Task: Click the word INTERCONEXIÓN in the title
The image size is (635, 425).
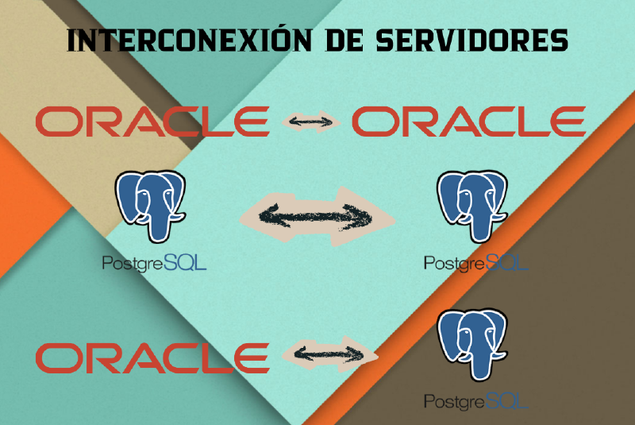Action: click(179, 41)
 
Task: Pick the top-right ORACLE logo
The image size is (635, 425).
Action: click(468, 122)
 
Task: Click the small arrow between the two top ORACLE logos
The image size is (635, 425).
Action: click(310, 122)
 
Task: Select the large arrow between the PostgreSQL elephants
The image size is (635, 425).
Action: click(317, 213)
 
